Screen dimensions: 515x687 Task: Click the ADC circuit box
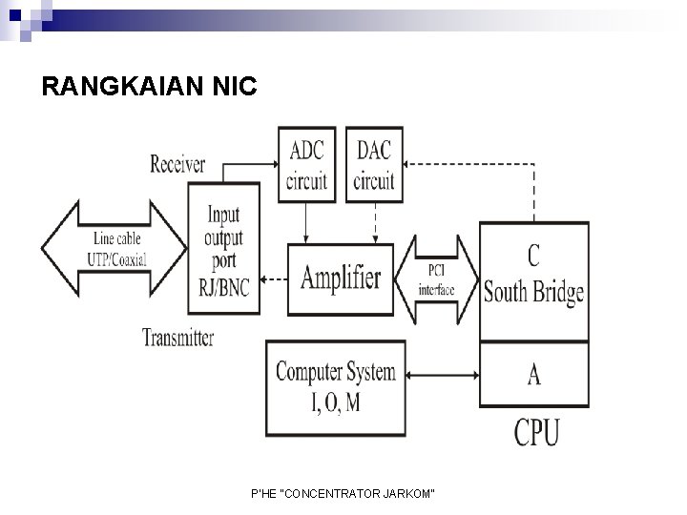pos(306,165)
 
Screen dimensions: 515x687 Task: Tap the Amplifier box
pos(341,278)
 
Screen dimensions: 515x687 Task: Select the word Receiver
pos(177,164)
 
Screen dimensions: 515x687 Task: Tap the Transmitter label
pos(177,337)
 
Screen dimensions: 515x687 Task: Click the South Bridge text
pos(532,292)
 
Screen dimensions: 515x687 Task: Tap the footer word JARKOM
pos(411,492)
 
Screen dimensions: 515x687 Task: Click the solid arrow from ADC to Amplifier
pos(305,222)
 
